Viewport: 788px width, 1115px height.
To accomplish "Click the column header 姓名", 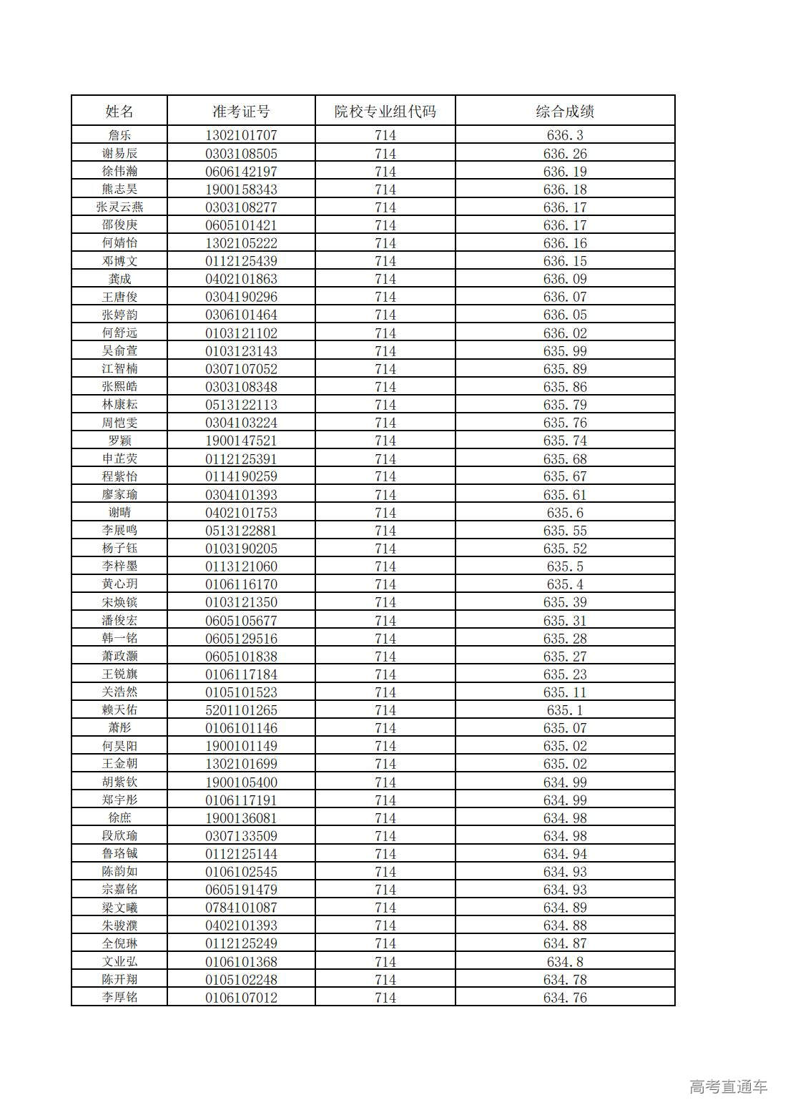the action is pyautogui.click(x=119, y=111).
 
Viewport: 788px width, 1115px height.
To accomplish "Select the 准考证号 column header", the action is pyautogui.click(x=241, y=111).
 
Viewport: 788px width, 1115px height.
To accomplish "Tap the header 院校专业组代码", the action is pyautogui.click(x=385, y=111).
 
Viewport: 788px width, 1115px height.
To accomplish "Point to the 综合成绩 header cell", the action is pyautogui.click(x=565, y=111).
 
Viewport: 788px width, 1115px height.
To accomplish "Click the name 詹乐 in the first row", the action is pyautogui.click(x=119, y=135).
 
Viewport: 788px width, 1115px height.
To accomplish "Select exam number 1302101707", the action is pyautogui.click(x=241, y=135).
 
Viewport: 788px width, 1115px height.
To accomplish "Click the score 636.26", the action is pyautogui.click(x=565, y=153).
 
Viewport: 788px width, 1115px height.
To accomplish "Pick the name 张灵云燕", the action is pyautogui.click(x=119, y=207).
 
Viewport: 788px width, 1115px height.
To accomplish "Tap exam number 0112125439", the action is pyautogui.click(x=241, y=261).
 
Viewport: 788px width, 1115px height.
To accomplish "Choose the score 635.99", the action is pyautogui.click(x=565, y=350).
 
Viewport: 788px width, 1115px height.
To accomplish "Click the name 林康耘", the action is pyautogui.click(x=119, y=404).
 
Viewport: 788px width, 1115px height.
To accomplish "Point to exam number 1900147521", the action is pyautogui.click(x=241, y=441).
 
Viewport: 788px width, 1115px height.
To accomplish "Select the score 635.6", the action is pyautogui.click(x=565, y=512).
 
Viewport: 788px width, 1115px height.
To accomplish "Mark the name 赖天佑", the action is pyautogui.click(x=119, y=709).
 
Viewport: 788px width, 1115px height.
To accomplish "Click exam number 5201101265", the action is pyautogui.click(x=241, y=709).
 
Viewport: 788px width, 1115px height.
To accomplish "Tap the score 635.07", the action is pyautogui.click(x=565, y=728).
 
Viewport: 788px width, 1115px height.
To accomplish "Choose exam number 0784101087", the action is pyautogui.click(x=241, y=908).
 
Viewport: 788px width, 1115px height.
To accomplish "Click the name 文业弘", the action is pyautogui.click(x=119, y=961).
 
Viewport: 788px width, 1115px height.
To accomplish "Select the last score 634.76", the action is pyautogui.click(x=565, y=997).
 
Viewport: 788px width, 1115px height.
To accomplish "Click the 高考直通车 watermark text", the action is pyautogui.click(x=728, y=1087).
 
